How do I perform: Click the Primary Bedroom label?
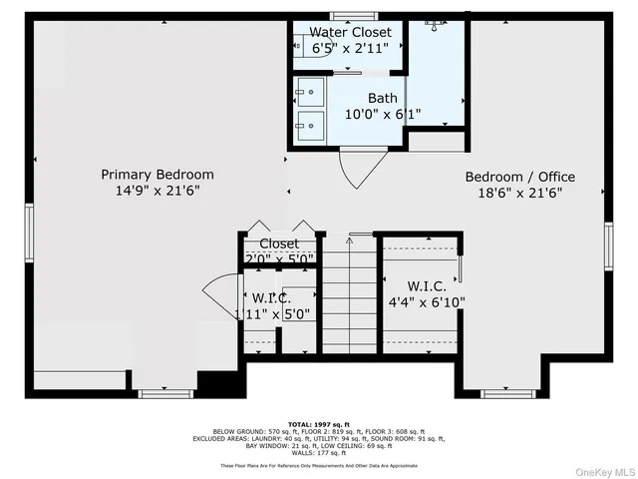pos(157,175)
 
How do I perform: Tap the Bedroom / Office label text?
pos(519,177)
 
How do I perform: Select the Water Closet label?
pos(350,32)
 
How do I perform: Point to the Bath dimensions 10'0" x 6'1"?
pos(382,114)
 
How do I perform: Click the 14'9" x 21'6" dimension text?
pos(157,192)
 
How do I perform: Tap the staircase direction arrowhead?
pos(351,238)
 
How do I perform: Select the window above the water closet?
pos(349,14)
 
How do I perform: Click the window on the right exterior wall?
pos(607,245)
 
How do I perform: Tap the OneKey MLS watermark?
pos(600,470)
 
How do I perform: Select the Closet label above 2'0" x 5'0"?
pos(279,243)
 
